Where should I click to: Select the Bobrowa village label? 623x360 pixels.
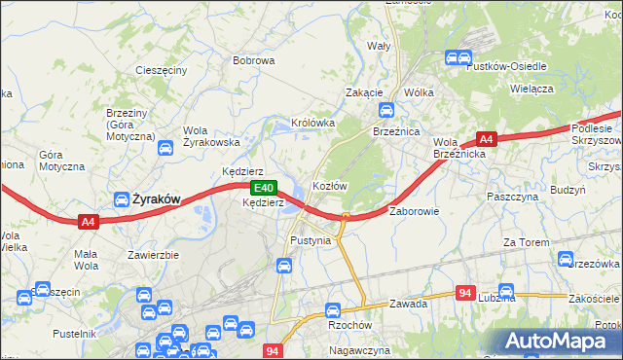click(253, 60)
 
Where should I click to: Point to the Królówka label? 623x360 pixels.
click(311, 124)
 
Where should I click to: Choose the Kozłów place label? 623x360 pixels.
click(329, 185)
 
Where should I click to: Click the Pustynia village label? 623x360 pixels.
click(311, 239)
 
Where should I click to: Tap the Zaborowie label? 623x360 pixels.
click(415, 210)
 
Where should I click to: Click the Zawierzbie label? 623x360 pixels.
click(154, 255)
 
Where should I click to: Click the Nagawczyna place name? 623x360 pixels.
click(359, 349)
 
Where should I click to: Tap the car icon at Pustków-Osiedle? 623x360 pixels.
click(454, 58)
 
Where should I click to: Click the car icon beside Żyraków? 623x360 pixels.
click(123, 199)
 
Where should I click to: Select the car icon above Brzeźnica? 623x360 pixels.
click(387, 111)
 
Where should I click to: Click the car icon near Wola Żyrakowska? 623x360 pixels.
click(165, 149)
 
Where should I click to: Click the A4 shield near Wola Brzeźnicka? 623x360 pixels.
click(488, 139)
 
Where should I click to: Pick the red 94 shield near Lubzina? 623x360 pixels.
click(465, 293)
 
